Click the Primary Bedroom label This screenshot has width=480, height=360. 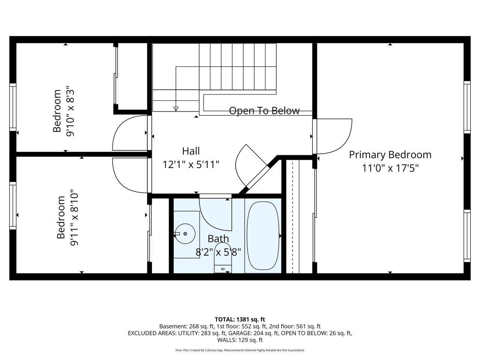(x=390, y=155)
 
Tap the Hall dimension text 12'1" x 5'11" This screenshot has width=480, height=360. (x=191, y=165)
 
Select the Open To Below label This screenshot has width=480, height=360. (x=264, y=111)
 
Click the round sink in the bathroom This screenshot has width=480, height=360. (x=185, y=234)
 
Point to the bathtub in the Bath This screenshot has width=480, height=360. (x=263, y=235)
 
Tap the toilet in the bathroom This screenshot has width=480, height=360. (x=223, y=258)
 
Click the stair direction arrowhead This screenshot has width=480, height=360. (x=176, y=109)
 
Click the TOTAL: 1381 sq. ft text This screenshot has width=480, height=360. (x=240, y=319)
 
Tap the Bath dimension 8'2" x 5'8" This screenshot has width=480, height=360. (x=218, y=252)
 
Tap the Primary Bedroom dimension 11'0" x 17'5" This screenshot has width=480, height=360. (x=390, y=168)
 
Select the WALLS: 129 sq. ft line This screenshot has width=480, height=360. (x=240, y=340)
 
